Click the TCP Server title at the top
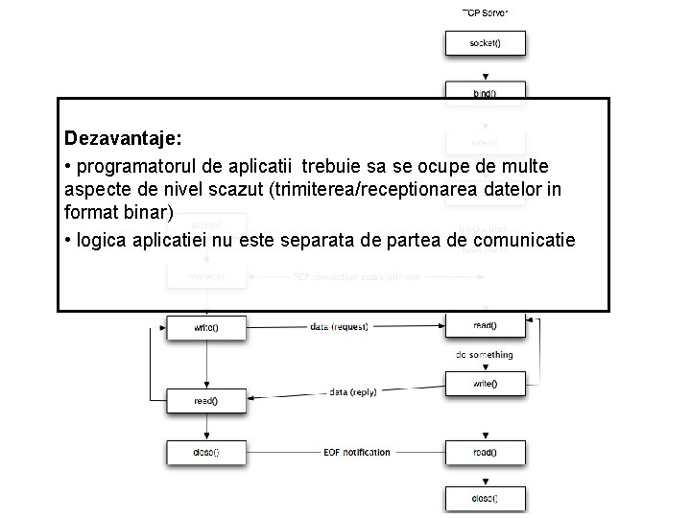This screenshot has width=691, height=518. point(485,12)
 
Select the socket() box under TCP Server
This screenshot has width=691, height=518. point(485,43)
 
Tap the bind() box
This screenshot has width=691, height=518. point(485,92)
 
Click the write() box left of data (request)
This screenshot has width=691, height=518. point(206,327)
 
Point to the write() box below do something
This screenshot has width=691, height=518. point(485,384)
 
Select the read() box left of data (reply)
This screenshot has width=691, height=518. point(206,401)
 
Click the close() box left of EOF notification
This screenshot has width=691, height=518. point(206,452)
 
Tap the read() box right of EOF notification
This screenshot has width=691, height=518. point(485,452)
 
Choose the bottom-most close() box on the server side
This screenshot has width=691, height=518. point(485,499)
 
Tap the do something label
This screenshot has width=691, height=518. point(485,355)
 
